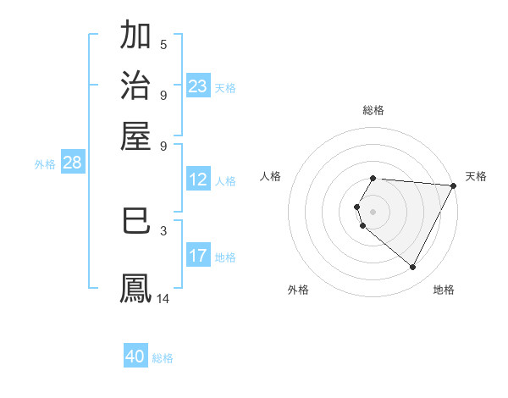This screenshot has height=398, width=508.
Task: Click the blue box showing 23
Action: (198, 86)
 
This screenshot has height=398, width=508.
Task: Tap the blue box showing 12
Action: (198, 180)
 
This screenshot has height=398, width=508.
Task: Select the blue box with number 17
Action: (198, 256)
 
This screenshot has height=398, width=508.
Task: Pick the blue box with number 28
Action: (72, 163)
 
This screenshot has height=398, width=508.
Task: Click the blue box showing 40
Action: (135, 357)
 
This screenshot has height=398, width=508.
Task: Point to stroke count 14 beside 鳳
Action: (163, 299)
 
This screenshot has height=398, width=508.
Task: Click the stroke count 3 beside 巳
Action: (163, 229)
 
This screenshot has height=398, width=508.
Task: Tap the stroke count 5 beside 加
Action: (163, 44)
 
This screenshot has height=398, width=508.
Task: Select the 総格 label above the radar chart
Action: (373, 110)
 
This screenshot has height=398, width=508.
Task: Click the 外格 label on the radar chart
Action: (298, 290)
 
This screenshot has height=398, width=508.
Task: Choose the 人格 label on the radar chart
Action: (271, 176)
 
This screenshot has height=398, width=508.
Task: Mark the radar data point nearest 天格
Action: (455, 185)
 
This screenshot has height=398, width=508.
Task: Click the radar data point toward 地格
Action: (413, 268)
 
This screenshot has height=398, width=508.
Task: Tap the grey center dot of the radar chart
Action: (373, 212)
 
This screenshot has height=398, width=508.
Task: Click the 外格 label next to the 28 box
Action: (45, 164)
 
